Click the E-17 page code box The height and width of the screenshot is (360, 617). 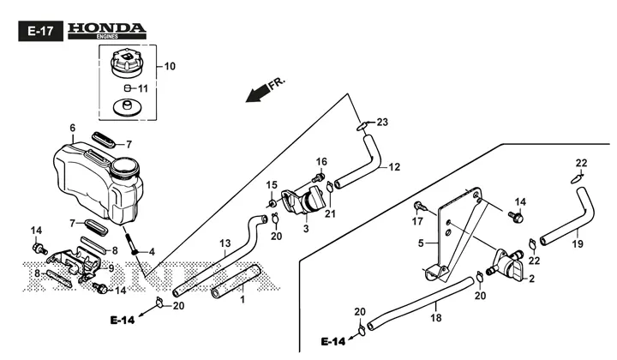pos(40,31)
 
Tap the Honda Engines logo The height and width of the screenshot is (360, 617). pos(106,31)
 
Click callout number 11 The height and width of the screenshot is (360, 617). pos(143,89)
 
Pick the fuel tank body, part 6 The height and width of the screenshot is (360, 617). pos(98,183)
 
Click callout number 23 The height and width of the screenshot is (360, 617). pos(382,123)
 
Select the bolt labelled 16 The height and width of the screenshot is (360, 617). pos(319,177)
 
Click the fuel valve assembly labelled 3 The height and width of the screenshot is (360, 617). pos(303,201)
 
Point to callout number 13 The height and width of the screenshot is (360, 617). pos(225,244)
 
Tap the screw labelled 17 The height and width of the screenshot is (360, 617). pos(419,207)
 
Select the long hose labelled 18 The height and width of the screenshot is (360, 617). pos(420,303)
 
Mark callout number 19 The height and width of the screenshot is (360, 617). pos(578,244)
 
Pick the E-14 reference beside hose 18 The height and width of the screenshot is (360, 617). pos(332,341)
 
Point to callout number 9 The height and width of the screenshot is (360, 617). pos(111,268)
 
